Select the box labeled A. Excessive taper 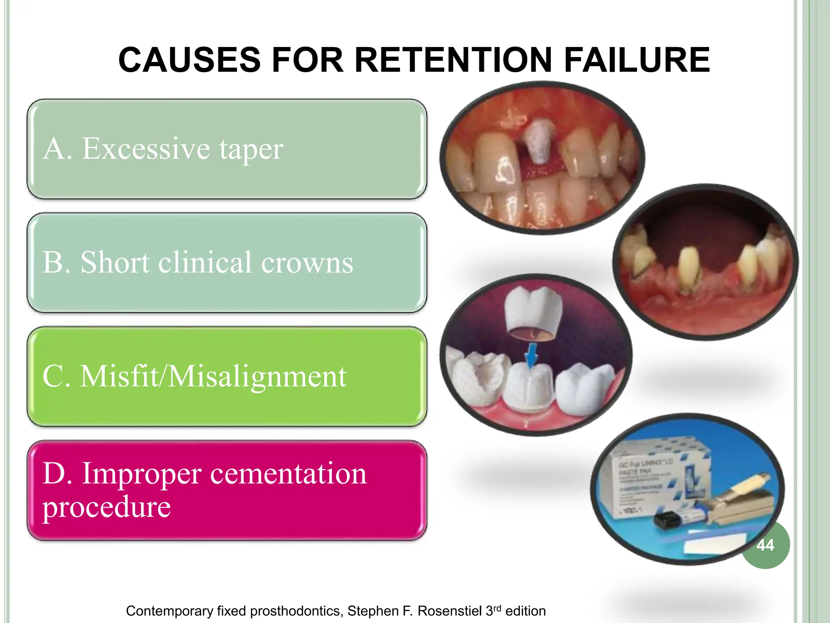pos(227,149)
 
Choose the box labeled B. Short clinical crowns pos(227,262)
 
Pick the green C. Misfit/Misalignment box pos(227,376)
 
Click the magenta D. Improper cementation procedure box pos(227,490)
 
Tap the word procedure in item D pos(107,507)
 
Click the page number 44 pos(765,545)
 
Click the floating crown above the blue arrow pos(533,312)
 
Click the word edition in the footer pos(525,611)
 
